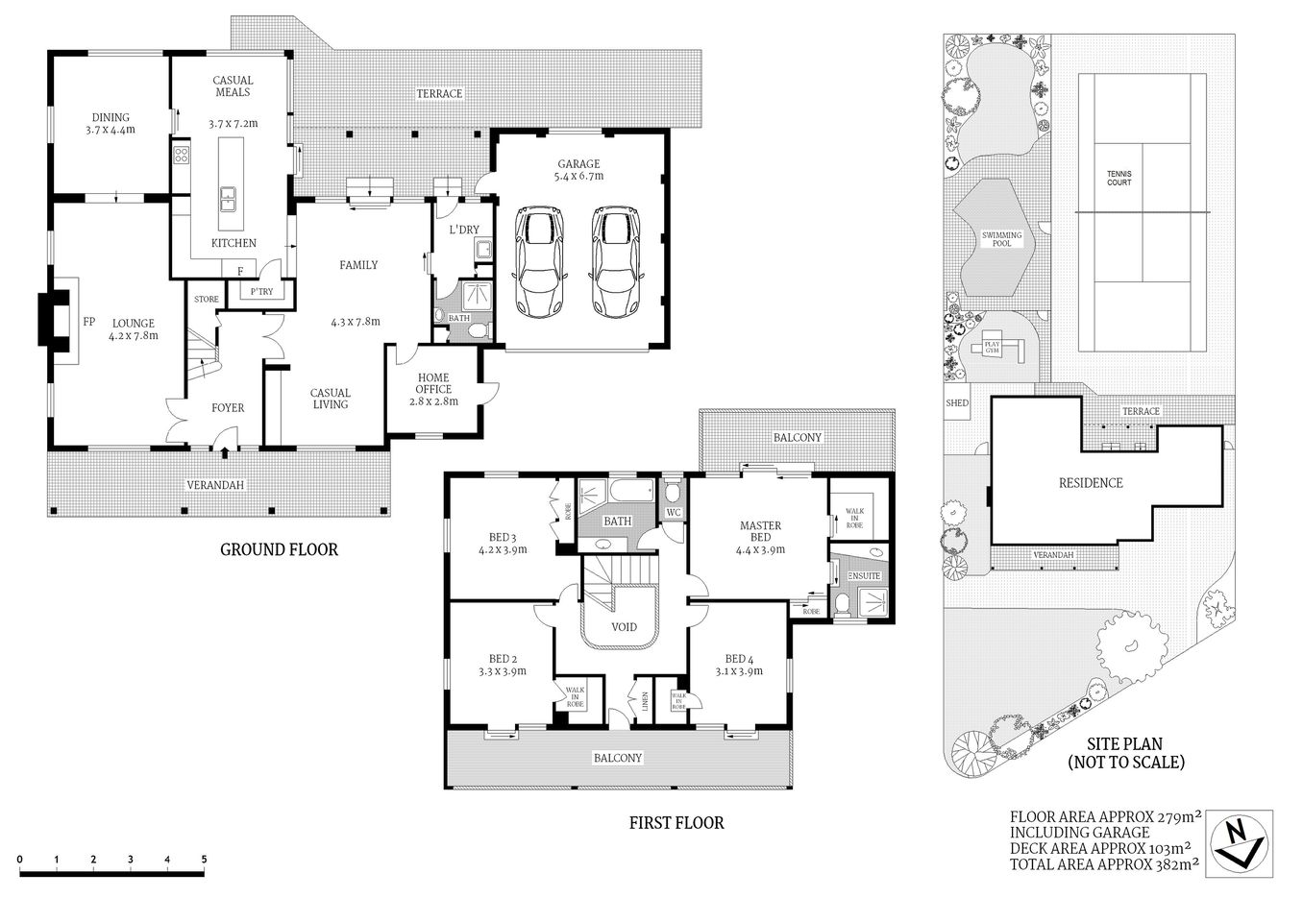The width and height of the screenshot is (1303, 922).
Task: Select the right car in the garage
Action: [x=614, y=262]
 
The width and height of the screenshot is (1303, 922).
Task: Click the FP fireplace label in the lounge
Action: [x=88, y=322]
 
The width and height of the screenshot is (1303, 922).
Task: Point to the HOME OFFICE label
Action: [x=433, y=389]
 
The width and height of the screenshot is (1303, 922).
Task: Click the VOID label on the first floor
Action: [x=624, y=627]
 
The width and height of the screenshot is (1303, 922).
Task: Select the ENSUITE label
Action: [x=864, y=575]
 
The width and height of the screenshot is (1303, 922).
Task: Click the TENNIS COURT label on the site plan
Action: [x=1119, y=179]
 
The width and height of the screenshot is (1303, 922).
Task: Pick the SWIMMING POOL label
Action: [x=1001, y=239]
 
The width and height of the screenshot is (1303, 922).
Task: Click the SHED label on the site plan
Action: [x=957, y=403]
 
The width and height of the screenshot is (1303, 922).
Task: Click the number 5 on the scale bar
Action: [x=204, y=859]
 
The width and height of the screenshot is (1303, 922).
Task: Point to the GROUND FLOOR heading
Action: [x=279, y=549]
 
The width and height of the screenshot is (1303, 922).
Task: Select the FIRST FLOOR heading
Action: [x=676, y=822]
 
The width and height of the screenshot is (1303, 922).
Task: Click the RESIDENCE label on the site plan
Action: [x=1090, y=483]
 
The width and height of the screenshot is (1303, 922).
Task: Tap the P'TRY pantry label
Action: [x=261, y=292]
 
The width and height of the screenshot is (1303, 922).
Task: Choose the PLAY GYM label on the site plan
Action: [x=991, y=348]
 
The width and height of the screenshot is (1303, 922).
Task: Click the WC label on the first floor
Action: [x=674, y=512]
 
